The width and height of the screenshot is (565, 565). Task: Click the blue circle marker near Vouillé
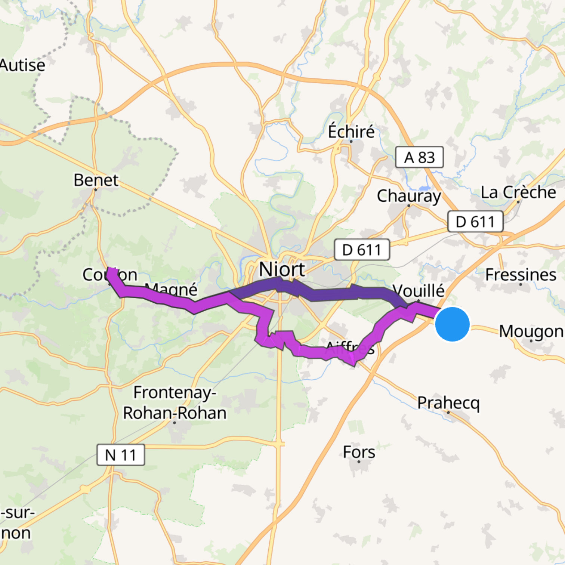point(452,324)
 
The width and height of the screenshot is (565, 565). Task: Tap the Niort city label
point(282,269)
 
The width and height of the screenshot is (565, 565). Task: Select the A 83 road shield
point(419,157)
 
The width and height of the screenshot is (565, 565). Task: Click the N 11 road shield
point(120,455)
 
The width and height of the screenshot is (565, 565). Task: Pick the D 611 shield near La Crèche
point(475,222)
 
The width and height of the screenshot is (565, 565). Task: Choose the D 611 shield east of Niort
point(361,250)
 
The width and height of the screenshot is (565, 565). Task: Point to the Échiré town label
point(351,132)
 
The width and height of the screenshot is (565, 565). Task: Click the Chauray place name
point(409,196)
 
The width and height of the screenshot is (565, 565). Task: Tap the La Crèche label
point(518,192)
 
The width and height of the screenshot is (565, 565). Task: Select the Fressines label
point(521,275)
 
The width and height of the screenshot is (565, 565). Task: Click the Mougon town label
point(531,331)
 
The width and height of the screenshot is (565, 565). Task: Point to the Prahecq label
point(448,402)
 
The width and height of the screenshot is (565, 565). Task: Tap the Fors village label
point(359,452)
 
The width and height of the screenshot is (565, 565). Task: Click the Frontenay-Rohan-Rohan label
point(175,403)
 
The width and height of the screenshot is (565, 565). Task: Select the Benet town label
point(96,180)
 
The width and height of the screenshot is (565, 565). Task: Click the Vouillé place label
point(419,290)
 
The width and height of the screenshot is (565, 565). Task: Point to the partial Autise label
point(22,65)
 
